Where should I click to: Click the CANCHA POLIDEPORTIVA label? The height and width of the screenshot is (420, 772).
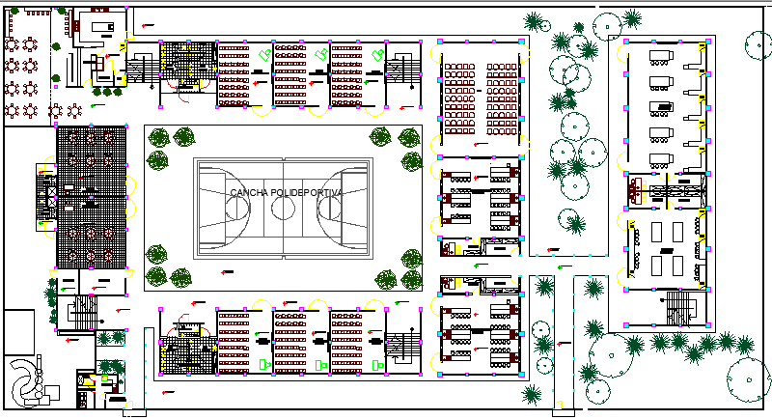(x=286, y=192)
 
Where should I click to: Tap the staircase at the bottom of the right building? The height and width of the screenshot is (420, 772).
(x=681, y=308)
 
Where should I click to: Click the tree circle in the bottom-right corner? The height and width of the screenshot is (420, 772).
(x=749, y=379)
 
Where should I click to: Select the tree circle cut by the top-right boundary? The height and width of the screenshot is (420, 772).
(x=758, y=45)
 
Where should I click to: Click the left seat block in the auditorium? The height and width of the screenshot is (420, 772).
(x=460, y=98)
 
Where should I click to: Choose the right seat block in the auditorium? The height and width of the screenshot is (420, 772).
(x=502, y=98)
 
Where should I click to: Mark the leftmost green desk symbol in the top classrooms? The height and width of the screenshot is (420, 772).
(x=265, y=54)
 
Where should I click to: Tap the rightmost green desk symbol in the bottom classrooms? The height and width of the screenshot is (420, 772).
(x=378, y=365)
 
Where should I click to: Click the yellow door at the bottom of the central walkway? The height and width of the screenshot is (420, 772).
(x=557, y=406)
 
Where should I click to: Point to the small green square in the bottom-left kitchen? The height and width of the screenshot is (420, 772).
(x=104, y=378)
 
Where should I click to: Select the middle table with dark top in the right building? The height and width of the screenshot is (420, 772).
(x=661, y=107)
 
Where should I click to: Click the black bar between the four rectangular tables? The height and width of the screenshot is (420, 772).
(x=667, y=251)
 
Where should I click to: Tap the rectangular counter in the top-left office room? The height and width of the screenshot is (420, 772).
(x=103, y=27)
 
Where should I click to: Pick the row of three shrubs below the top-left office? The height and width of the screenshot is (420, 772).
(x=107, y=92)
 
